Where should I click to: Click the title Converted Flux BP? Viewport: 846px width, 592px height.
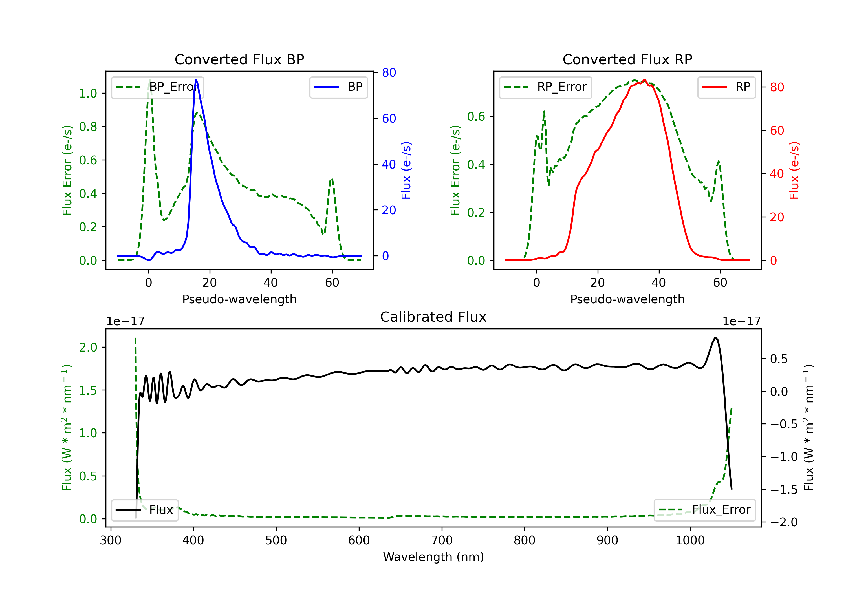pyautogui.click(x=239, y=59)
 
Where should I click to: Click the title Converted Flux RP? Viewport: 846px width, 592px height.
pyautogui.click(x=627, y=59)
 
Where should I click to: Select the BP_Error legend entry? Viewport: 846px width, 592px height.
pyautogui.click(x=158, y=87)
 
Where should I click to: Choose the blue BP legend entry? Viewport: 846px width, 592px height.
pyautogui.click(x=338, y=87)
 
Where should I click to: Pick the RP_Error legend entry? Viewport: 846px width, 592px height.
pyautogui.click(x=545, y=87)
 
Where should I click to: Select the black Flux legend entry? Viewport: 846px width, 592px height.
pyautogui.click(x=145, y=510)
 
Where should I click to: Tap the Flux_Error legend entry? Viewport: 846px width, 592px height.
pyautogui.click(x=704, y=510)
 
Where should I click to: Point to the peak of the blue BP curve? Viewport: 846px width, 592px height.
pyautogui.click(x=196, y=80)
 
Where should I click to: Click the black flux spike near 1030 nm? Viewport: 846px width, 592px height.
pyautogui.click(x=715, y=338)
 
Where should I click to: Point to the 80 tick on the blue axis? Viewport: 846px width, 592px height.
pyautogui.click(x=389, y=72)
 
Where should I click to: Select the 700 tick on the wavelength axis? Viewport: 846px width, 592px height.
pyautogui.click(x=442, y=540)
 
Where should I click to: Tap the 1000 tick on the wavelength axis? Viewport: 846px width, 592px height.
pyautogui.click(x=690, y=540)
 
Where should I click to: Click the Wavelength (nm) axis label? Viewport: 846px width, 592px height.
pyautogui.click(x=433, y=557)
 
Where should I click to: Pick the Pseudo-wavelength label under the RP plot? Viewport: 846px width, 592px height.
pyautogui.click(x=627, y=299)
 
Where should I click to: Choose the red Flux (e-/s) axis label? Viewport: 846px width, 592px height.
pyautogui.click(x=794, y=170)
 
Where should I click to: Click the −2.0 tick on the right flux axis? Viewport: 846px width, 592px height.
pyautogui.click(x=784, y=522)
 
